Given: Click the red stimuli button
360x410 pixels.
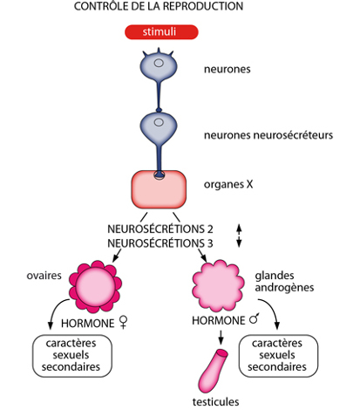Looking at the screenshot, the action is click(161, 32).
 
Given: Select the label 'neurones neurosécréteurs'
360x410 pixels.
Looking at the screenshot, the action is click(268, 135).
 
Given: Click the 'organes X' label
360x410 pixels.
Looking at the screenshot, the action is click(228, 184).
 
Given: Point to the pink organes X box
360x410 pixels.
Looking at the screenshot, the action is click(159, 189).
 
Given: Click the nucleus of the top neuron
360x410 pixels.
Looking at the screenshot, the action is click(159, 63).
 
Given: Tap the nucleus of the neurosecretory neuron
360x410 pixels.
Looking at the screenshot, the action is click(159, 122).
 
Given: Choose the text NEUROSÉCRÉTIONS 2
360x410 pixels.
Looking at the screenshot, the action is click(160, 229).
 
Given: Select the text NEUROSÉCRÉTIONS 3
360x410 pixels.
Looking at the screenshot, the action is click(160, 243).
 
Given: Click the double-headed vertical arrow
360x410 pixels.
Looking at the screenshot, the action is click(239, 236).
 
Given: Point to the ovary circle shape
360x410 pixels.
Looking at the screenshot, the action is click(95, 286).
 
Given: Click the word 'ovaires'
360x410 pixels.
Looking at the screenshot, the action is click(44, 276).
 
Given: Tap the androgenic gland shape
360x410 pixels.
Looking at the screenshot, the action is click(219, 286).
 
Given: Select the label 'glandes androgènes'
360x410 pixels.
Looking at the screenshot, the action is click(284, 282).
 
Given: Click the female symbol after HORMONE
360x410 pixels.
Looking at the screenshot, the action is click(124, 323).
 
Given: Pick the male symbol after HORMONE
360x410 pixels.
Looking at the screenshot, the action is click(255, 319).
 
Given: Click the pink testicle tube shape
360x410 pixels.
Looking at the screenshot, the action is click(213, 371).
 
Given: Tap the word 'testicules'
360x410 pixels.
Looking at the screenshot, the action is click(215, 402).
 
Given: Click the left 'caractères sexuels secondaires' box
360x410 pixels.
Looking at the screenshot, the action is click(72, 356).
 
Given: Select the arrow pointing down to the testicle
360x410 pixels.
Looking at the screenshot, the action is click(221, 338).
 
